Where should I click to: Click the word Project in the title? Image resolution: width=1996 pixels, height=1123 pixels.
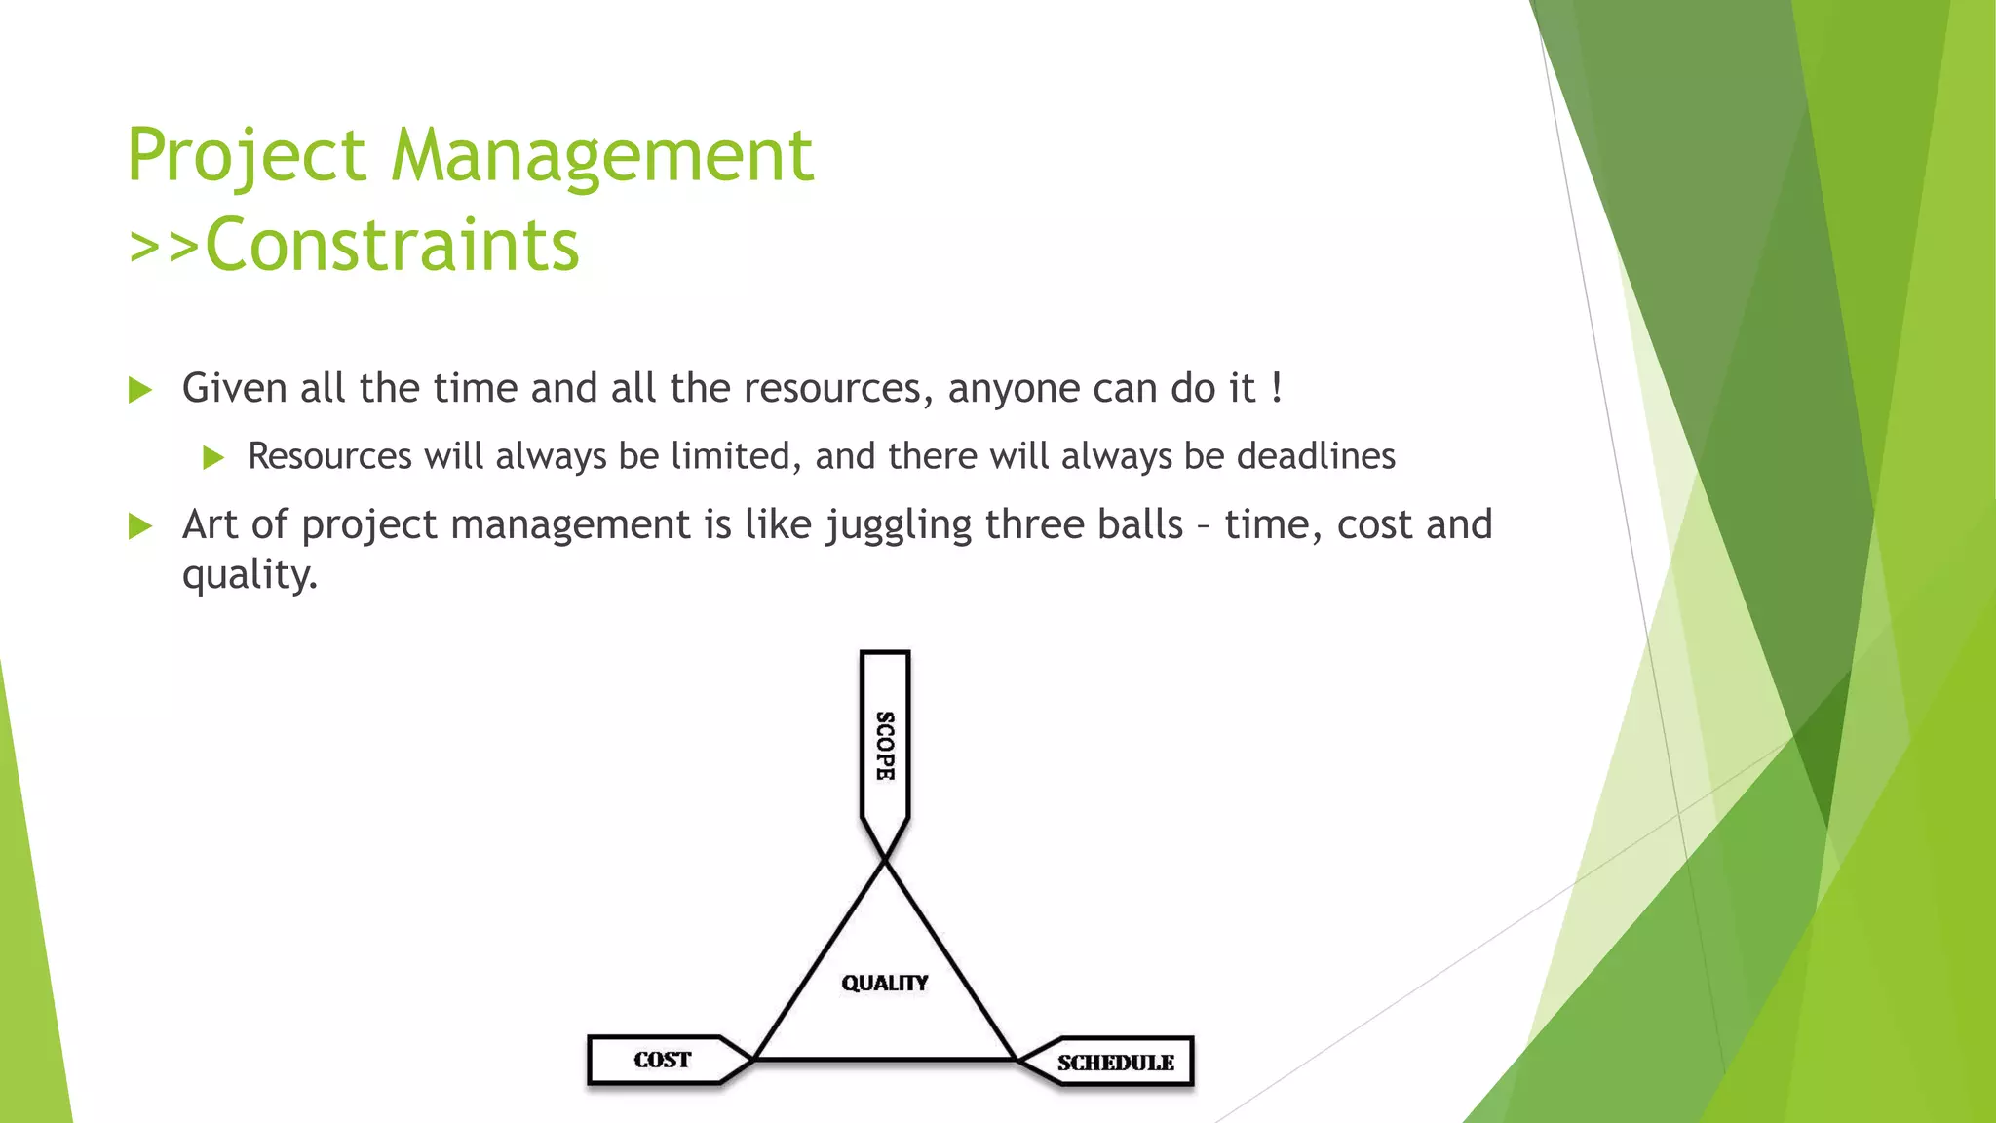(x=247, y=156)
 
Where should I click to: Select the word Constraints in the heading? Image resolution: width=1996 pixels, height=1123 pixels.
(x=392, y=245)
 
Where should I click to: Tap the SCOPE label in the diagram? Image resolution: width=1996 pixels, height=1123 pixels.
(x=884, y=746)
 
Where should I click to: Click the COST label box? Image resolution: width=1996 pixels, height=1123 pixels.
(x=663, y=1060)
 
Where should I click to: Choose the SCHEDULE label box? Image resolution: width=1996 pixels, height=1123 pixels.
(x=1115, y=1062)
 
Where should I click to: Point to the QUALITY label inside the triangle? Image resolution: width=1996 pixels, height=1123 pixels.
(x=885, y=983)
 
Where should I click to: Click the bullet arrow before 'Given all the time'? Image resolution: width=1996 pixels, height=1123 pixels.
(x=141, y=391)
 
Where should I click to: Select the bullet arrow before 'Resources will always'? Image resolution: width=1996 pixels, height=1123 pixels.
(x=213, y=457)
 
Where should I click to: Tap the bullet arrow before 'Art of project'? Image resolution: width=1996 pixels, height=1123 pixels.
(x=141, y=527)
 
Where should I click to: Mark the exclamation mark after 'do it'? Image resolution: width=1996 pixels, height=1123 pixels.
(x=1277, y=388)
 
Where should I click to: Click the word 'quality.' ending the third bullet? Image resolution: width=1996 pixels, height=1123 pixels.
(x=249, y=575)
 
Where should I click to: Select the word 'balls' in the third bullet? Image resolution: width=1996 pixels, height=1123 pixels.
(x=1139, y=524)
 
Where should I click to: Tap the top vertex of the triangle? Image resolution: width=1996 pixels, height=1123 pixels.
(x=885, y=860)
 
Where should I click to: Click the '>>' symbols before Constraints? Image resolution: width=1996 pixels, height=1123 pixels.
(x=164, y=247)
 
